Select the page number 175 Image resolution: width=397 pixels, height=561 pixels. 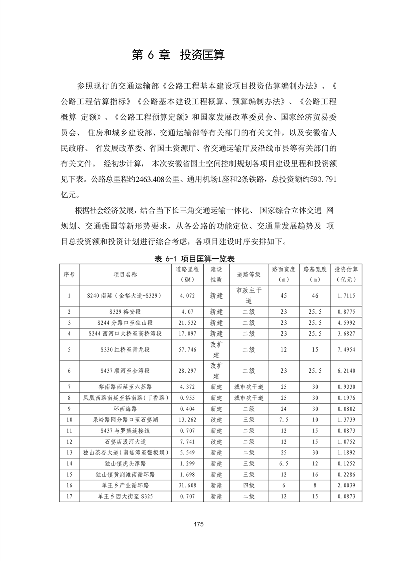click(x=198, y=524)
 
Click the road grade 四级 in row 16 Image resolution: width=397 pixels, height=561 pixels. click(x=249, y=485)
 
